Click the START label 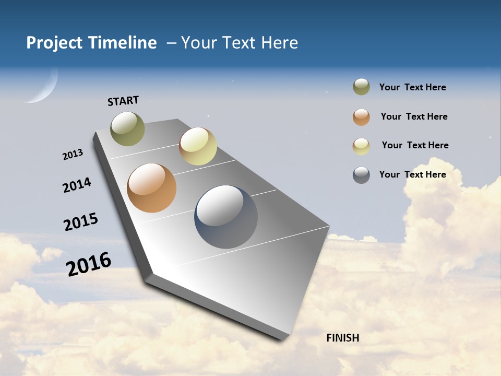tap(123, 101)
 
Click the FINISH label tap(342, 338)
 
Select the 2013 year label tap(73, 155)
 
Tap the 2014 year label tap(77, 185)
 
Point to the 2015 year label tap(81, 221)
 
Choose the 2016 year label tap(89, 264)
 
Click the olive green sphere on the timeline tap(128, 128)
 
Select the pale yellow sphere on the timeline tap(198, 146)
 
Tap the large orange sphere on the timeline tap(152, 188)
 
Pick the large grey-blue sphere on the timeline tap(226, 217)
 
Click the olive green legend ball tap(361, 87)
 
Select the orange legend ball tap(361, 117)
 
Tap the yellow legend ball tap(361, 146)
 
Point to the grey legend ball tap(361, 175)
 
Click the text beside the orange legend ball tap(414, 116)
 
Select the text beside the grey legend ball tap(412, 174)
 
